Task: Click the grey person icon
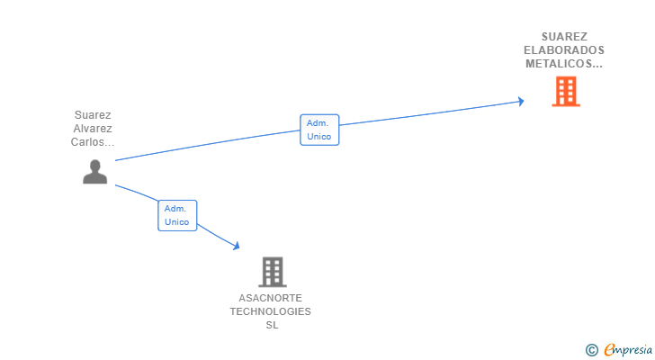tap(94, 171)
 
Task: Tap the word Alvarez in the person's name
tap(94, 129)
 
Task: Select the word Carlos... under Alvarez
tap(94, 142)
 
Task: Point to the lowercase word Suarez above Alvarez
tap(94, 115)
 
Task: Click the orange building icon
tap(565, 91)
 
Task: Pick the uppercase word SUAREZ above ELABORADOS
tap(564, 37)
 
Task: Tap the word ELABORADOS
tap(564, 50)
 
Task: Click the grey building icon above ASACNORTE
tap(272, 271)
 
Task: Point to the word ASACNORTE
tap(271, 298)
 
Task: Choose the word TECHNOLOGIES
tap(271, 311)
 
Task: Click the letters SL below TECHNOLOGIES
tap(272, 325)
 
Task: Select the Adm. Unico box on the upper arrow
tap(319, 130)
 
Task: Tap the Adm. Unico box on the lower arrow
tap(177, 215)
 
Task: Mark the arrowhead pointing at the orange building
tap(520, 102)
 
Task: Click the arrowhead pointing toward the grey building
tap(237, 246)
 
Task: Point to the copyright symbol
tap(591, 350)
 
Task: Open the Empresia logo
tap(626, 350)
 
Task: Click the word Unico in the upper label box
tap(319, 137)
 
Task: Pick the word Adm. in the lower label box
tap(175, 208)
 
